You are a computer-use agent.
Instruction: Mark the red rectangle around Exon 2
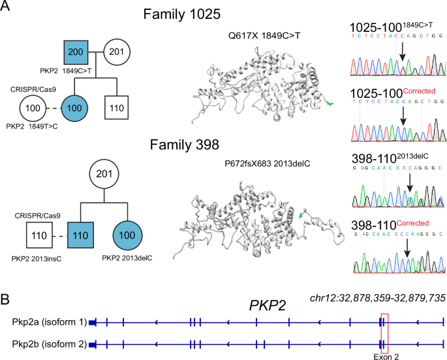click(384, 332)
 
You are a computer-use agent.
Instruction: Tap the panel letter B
click(7, 301)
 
